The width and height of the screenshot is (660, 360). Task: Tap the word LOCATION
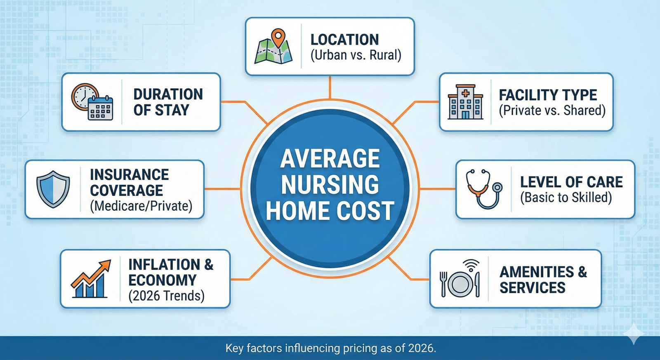[345, 40]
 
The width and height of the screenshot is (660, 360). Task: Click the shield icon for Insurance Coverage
[53, 189]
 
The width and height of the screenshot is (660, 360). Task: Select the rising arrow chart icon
[91, 279]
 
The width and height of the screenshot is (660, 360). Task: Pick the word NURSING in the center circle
[330, 184]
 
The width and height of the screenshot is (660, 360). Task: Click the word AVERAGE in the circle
[330, 158]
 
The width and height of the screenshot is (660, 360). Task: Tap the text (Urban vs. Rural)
[356, 55]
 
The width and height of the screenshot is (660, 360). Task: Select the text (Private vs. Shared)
[552, 111]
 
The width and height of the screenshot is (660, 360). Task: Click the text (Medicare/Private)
[141, 206]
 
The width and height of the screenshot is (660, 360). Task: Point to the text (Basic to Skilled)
[566, 198]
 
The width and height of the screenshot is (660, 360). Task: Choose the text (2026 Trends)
[167, 296]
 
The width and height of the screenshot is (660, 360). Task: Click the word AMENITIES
[537, 272]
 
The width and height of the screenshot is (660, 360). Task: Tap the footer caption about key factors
[330, 348]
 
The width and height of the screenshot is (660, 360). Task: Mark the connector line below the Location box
[330, 87]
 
